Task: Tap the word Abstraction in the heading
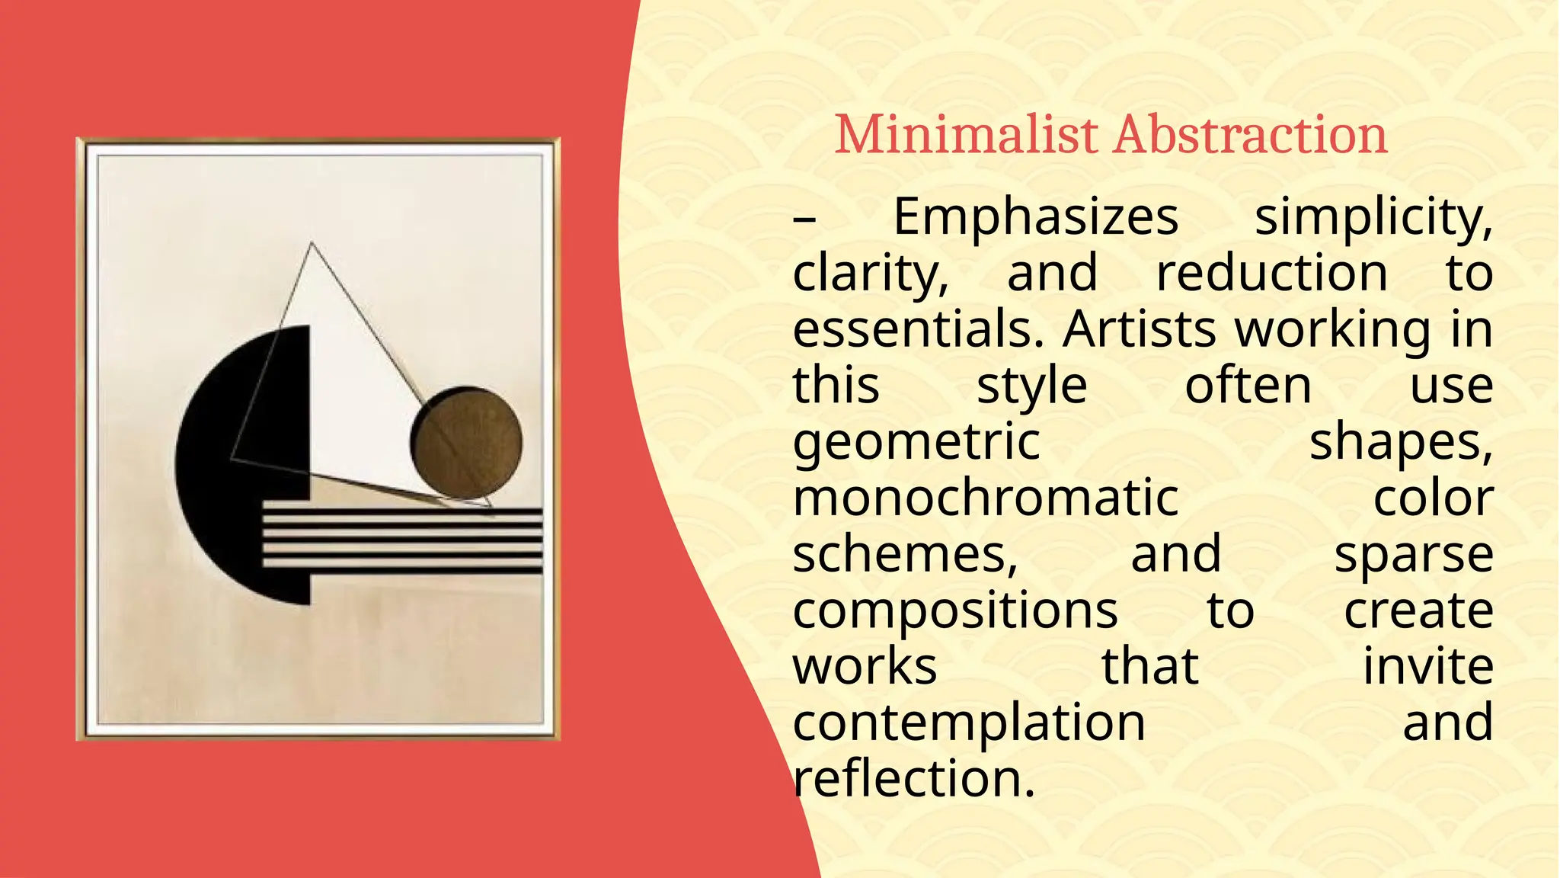1250,135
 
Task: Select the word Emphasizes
1035,217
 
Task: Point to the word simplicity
1373,217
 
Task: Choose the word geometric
916,442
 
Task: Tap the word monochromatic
986,498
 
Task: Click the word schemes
905,554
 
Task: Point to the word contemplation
969,722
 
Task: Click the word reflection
914,778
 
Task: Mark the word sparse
1413,554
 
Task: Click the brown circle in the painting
467,442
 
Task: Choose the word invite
1427,666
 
